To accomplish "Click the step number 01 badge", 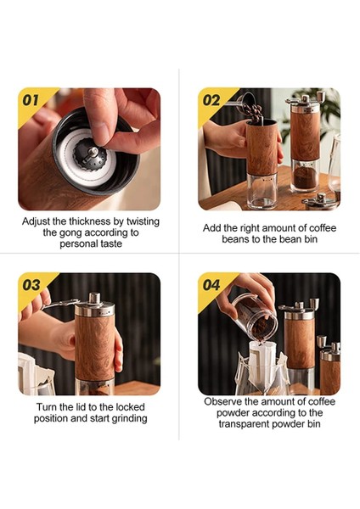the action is (x=31, y=100).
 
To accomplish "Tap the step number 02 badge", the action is (x=211, y=100).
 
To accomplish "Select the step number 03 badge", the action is (x=31, y=285).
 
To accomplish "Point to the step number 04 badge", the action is (x=211, y=285).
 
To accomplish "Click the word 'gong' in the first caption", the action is (x=71, y=233).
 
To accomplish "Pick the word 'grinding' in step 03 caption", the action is (x=129, y=418).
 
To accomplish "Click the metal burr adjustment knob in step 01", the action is (x=90, y=154).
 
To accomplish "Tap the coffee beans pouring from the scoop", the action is (x=253, y=111).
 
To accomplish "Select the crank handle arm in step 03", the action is (x=61, y=304).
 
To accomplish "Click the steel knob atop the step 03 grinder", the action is (x=94, y=299).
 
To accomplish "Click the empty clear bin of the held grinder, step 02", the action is (x=262, y=191).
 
